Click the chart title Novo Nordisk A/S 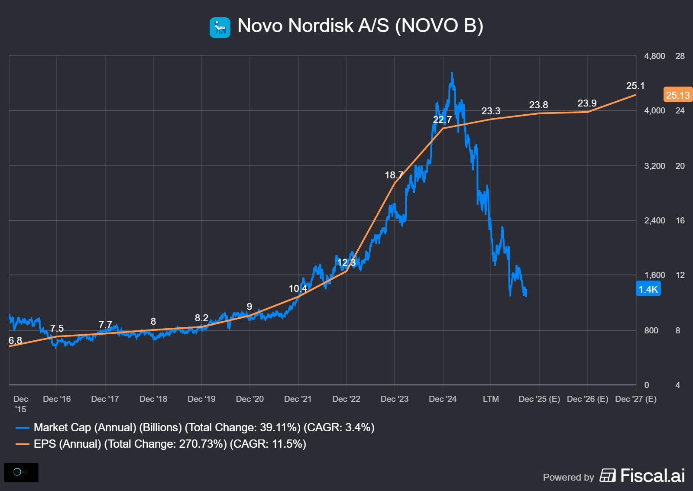[360, 26]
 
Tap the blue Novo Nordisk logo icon [220, 27]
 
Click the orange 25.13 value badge [677, 95]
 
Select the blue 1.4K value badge [648, 289]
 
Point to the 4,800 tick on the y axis [654, 56]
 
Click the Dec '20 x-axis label [249, 399]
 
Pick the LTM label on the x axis [491, 399]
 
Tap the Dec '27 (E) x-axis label [635, 399]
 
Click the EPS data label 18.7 [394, 175]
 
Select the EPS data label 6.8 [15, 340]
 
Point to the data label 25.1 [635, 86]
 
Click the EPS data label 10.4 [298, 288]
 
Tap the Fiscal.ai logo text [652, 475]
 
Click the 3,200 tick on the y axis [654, 166]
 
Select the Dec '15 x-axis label [20, 404]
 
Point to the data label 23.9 [587, 103]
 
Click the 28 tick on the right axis [680, 56]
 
